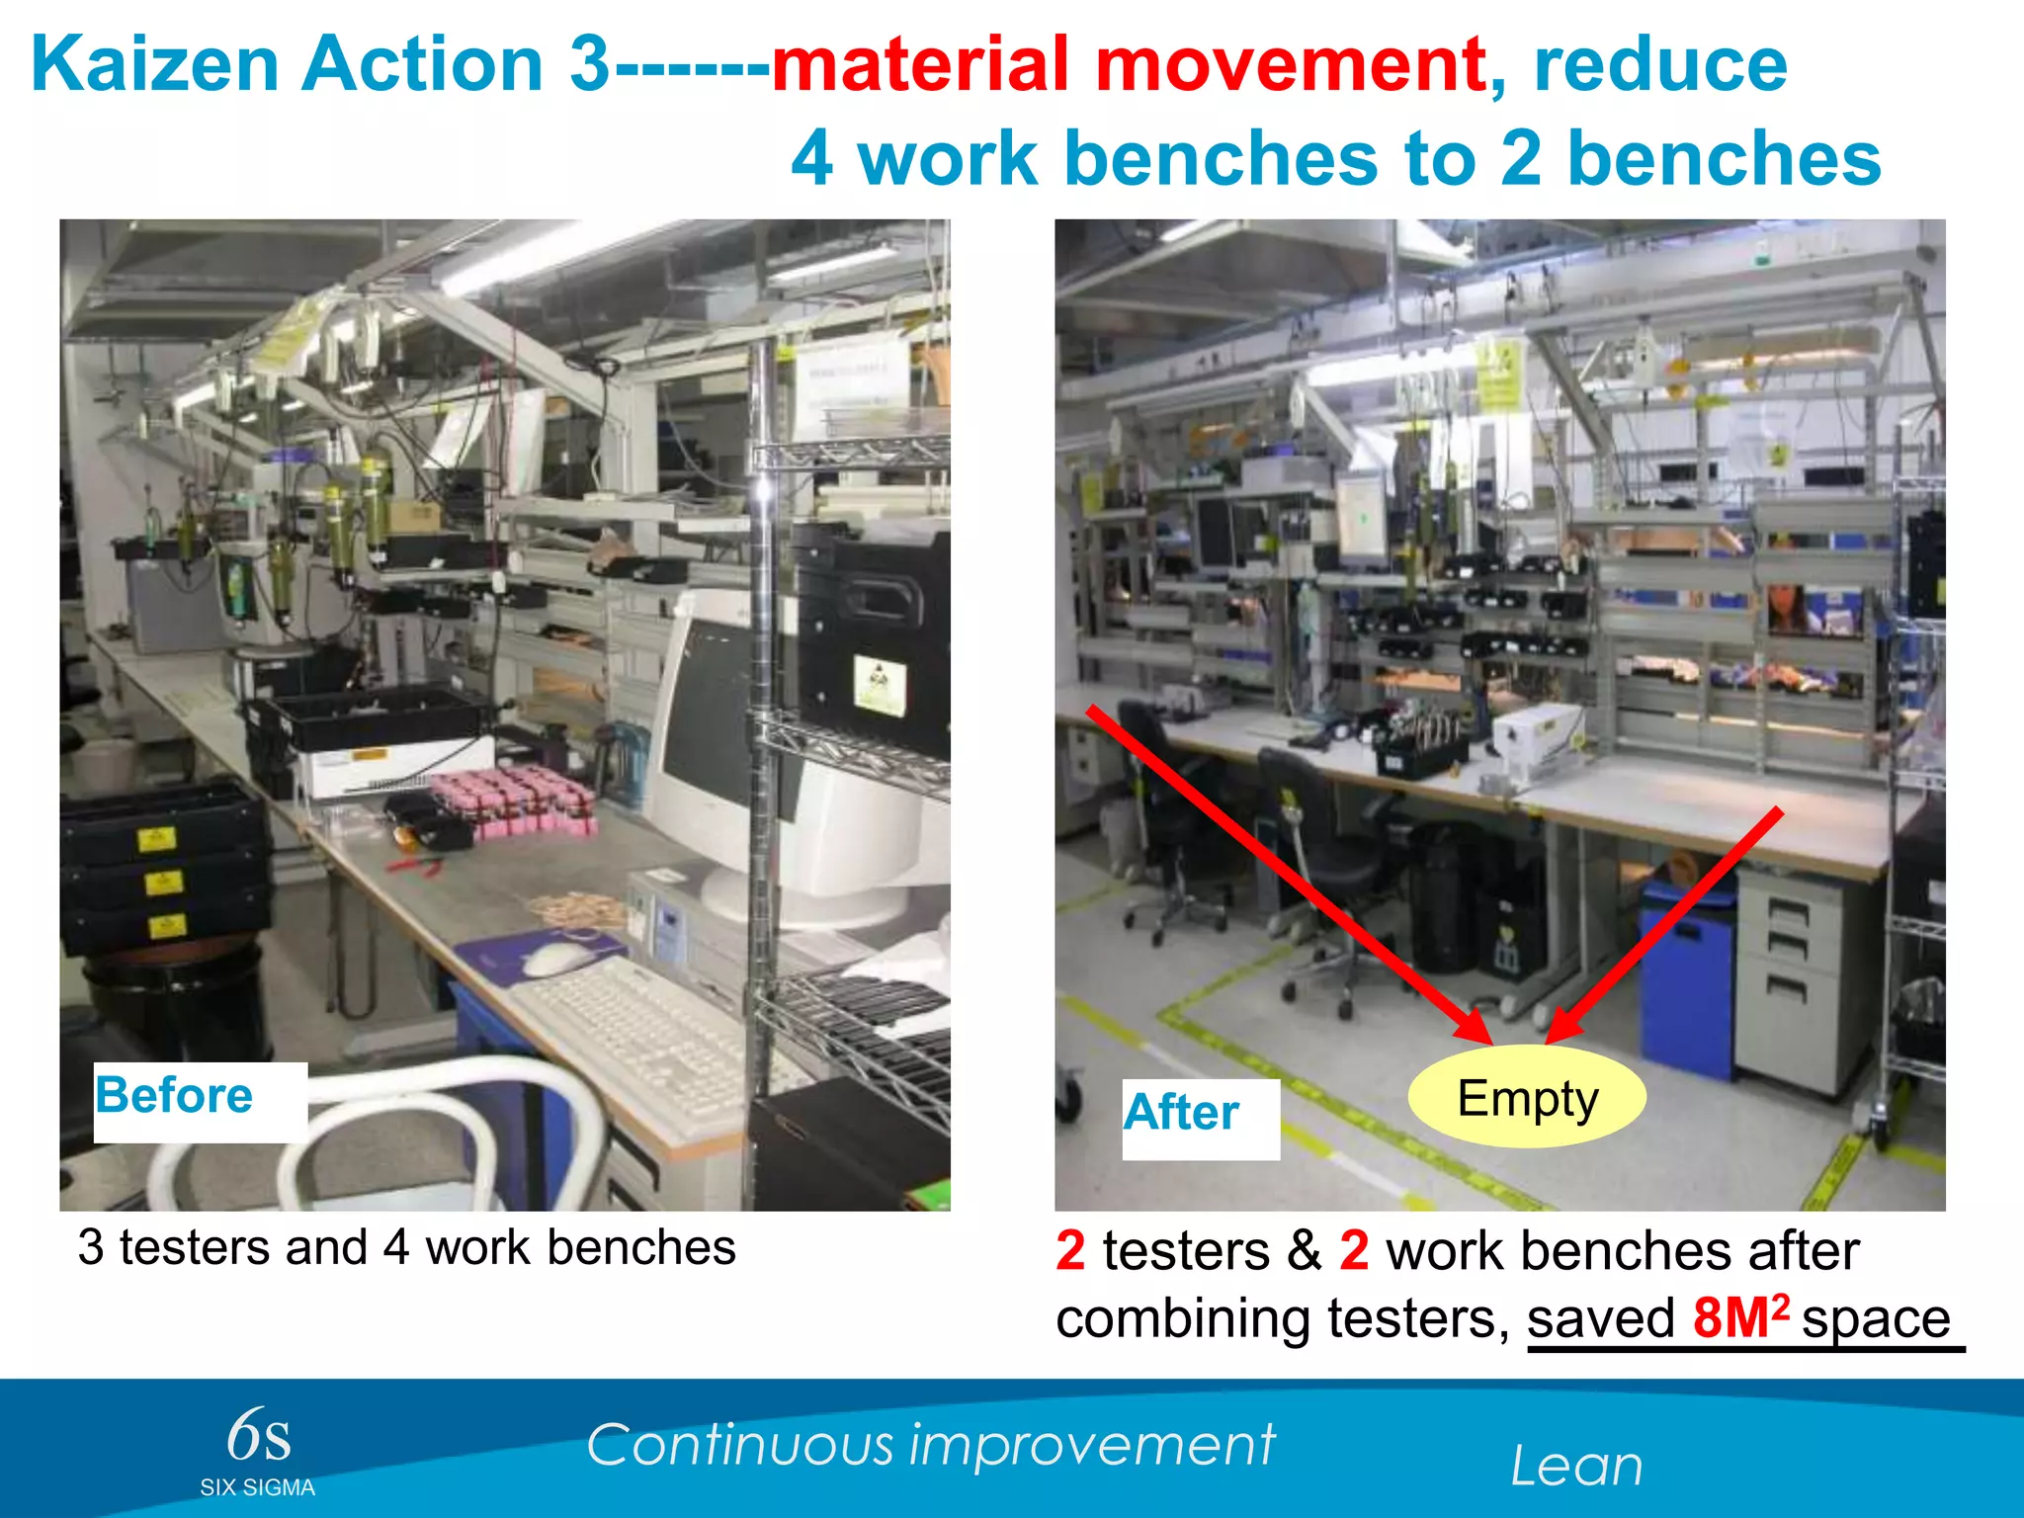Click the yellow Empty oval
1526,1097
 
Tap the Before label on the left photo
175,1095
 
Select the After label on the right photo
1181,1113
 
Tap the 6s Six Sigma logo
258,1449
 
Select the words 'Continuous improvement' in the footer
930,1445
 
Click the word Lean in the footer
1576,1466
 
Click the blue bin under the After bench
1686,978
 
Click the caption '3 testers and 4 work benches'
407,1247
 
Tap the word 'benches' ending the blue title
1724,158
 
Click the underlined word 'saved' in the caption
1601,1318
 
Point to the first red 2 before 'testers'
1070,1250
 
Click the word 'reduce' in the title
1660,64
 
